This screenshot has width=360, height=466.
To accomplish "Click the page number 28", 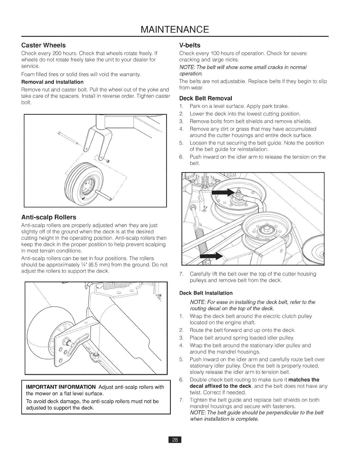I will point(175,440).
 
